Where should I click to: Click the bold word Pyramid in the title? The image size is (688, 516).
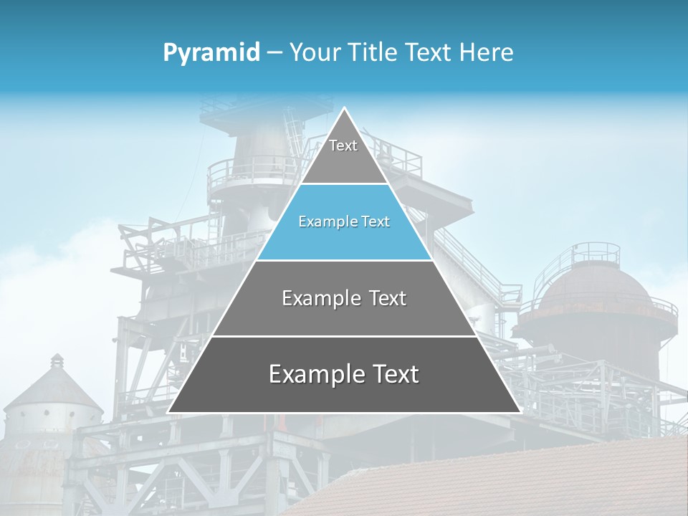point(211,52)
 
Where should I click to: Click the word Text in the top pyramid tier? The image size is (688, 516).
point(343,145)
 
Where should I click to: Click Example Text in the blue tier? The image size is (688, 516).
point(344,221)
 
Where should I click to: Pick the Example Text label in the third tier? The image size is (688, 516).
point(344,298)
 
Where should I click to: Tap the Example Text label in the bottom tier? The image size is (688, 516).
point(344,374)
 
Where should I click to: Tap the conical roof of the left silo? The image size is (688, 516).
point(54,387)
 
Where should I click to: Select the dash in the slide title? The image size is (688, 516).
point(274,53)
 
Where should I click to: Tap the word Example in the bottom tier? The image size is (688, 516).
point(313,374)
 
